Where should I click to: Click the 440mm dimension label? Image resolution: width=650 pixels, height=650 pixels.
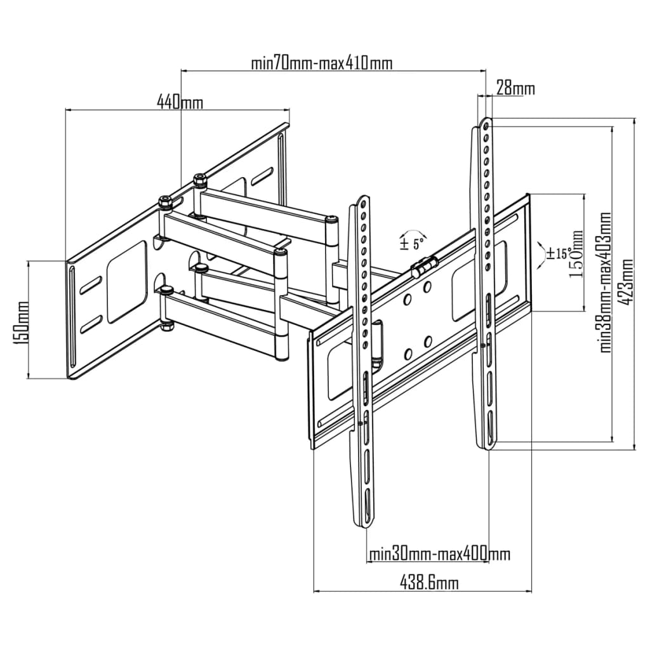tap(180, 102)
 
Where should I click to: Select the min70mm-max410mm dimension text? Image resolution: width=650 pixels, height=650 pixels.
tap(321, 63)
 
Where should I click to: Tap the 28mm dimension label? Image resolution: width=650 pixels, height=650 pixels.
tap(515, 88)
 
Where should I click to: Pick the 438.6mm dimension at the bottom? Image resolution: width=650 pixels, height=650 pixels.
tap(429, 581)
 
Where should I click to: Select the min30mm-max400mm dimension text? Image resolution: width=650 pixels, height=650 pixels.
tap(440, 554)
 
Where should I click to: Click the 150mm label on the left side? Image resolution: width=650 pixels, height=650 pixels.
tap(23, 322)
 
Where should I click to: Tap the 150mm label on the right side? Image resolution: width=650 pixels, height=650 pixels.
tap(576, 253)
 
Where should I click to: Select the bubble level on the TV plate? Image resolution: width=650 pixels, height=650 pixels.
tap(425, 266)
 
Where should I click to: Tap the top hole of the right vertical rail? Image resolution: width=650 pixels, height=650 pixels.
tap(486, 124)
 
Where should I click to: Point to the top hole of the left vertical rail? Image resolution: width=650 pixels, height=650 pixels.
tap(362, 203)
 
